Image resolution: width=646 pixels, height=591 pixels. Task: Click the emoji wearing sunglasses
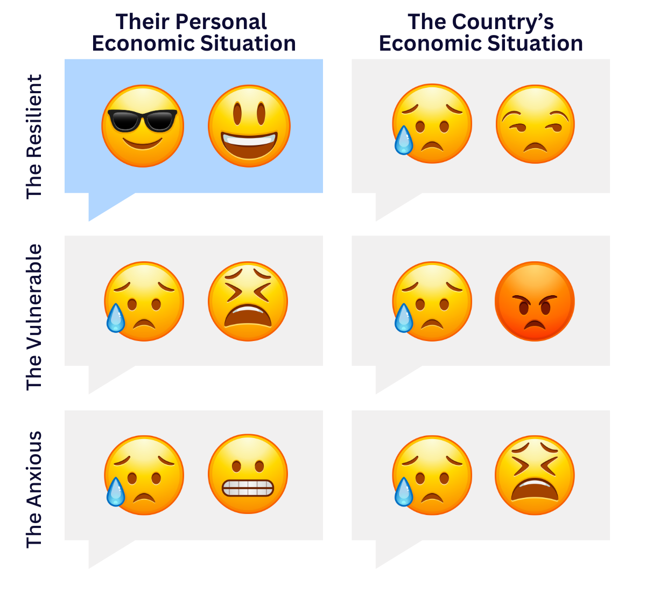143,126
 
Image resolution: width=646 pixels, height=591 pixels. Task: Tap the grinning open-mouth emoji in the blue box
249,126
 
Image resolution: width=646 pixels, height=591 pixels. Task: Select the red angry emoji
535,301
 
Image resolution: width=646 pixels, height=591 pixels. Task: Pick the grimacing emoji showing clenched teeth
248,474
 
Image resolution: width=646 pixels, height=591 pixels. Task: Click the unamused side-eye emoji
535,124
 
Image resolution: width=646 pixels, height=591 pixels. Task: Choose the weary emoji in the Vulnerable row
248,301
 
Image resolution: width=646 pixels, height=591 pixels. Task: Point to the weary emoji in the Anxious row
535,475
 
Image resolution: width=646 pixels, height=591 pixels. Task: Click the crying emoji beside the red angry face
432,301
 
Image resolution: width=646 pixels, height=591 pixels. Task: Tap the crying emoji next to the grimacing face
144,475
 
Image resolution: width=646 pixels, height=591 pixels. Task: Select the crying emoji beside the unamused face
432,124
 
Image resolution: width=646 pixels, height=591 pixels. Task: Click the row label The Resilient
34,137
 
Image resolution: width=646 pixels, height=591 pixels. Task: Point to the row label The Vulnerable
34,317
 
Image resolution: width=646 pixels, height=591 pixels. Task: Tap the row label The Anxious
34,489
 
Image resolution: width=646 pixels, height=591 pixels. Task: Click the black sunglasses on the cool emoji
142,120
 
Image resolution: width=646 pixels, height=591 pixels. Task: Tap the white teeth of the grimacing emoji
248,488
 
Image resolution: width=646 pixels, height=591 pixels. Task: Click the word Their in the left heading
143,22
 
